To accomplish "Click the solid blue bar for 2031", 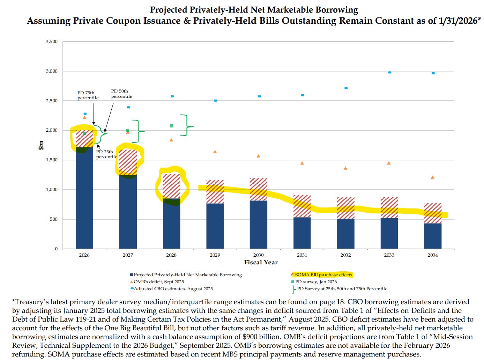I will (x=302, y=233).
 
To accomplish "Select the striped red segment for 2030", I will (x=259, y=189).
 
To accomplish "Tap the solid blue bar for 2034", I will (x=432, y=236).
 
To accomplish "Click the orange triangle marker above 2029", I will (x=215, y=152).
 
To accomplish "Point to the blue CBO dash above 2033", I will (x=389, y=72).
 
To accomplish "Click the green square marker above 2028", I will (x=171, y=126).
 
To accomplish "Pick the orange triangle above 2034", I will (x=432, y=177).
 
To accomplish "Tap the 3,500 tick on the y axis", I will (x=52, y=42).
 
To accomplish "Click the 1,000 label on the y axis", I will (x=52, y=190).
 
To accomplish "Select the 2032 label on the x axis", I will (x=345, y=255).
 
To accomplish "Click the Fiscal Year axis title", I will (x=261, y=263).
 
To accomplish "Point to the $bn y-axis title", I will (x=41, y=145).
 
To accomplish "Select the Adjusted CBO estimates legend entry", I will (x=173, y=289).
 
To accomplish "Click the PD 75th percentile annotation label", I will (x=88, y=95).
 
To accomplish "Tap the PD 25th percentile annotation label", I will (x=106, y=154).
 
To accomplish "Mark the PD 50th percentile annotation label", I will (x=121, y=94).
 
